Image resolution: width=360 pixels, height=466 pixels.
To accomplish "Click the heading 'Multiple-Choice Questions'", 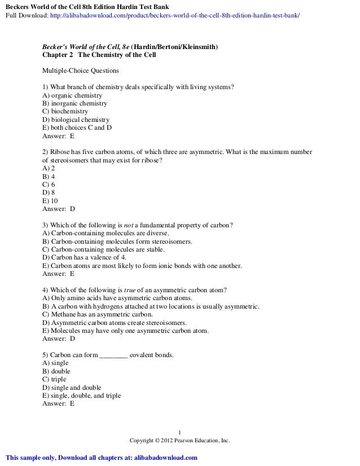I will [x=81, y=71].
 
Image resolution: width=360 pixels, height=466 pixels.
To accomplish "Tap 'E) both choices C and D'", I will [x=77, y=128].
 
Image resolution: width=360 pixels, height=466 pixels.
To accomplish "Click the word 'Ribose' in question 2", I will [x=62, y=152].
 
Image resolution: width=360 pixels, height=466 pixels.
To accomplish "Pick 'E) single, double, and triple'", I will [x=82, y=395].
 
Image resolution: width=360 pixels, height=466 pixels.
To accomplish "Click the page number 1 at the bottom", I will [x=180, y=433].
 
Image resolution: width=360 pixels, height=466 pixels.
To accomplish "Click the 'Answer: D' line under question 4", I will [x=59, y=338].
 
